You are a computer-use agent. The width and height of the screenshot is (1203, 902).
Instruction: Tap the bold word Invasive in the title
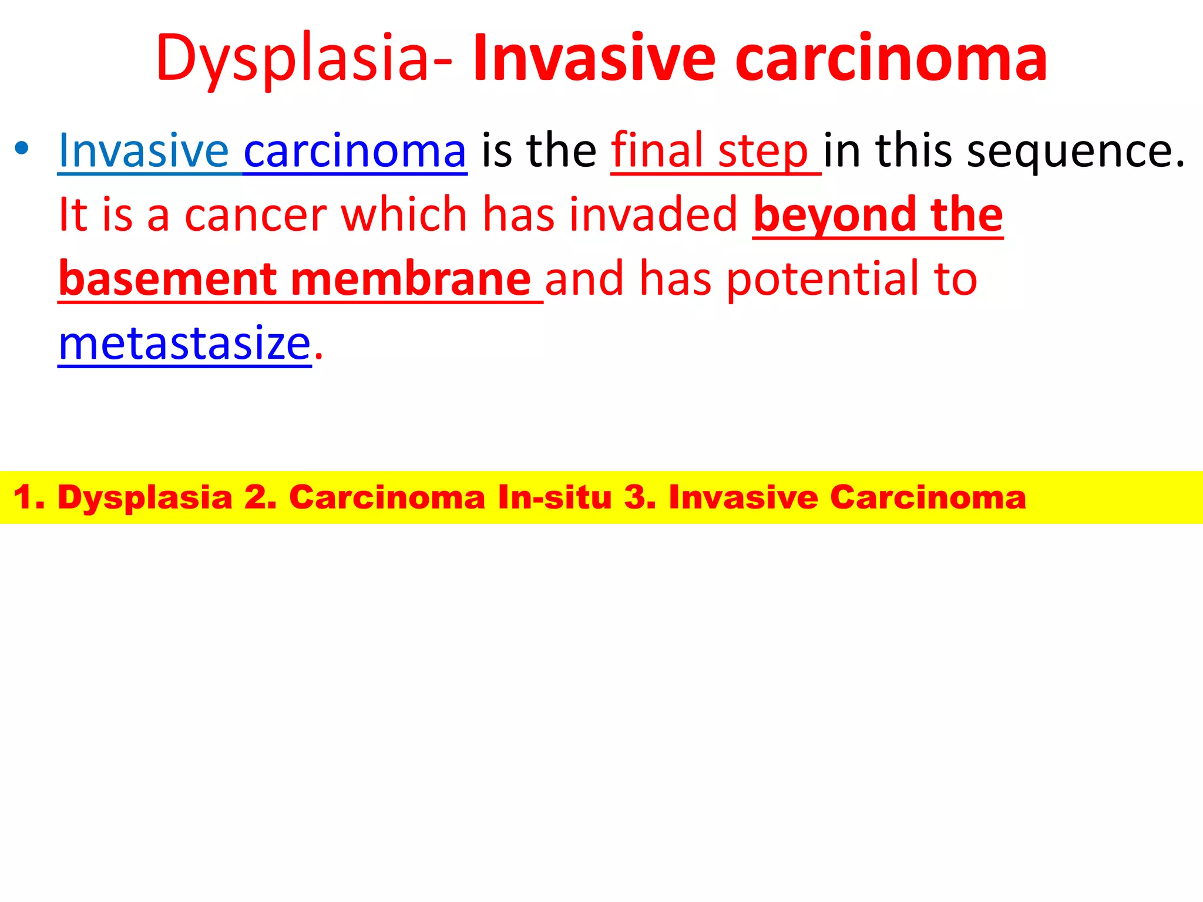coord(594,59)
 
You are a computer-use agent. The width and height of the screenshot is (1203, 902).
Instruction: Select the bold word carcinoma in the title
coord(891,59)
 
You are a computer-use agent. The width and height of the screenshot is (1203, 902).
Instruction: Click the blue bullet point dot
coord(22,148)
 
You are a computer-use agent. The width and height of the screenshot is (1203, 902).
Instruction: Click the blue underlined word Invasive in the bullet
coord(143,151)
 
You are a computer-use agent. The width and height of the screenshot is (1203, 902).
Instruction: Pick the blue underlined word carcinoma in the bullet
coord(355,151)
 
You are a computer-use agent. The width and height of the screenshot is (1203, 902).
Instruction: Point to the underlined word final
coord(657,151)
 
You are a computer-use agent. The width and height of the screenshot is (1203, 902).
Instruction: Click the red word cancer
coord(256,215)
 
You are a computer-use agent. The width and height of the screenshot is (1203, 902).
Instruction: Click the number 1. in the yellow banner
coord(29,497)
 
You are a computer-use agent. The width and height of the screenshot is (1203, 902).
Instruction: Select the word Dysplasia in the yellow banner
coord(145,498)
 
